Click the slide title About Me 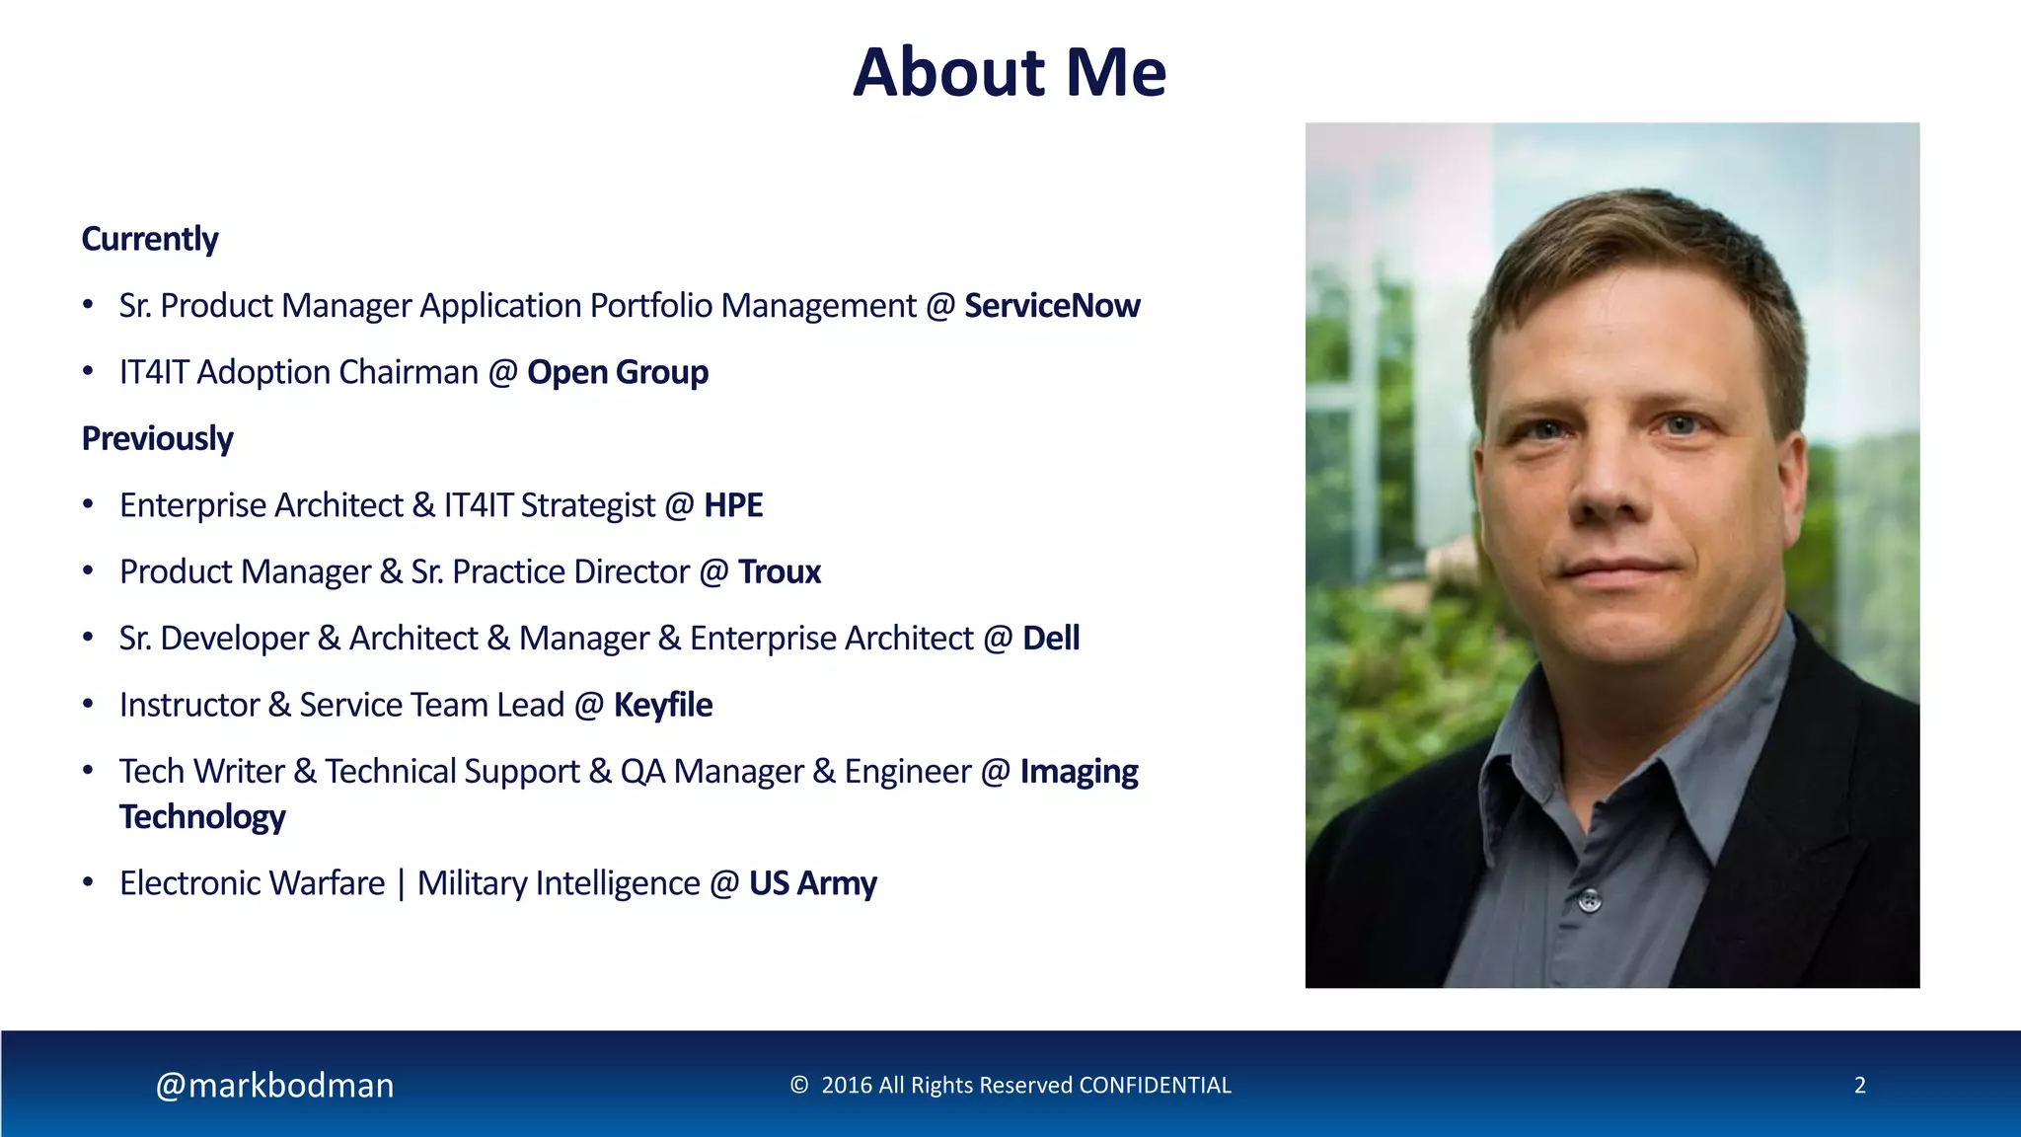[1009, 72]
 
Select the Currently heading [149, 239]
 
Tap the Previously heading [157, 438]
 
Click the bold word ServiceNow [1051, 306]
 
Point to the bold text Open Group [617, 372]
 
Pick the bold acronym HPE [732, 505]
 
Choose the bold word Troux [779, 572]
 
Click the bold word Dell [1050, 639]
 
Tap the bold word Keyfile [662, 705]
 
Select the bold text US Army [812, 883]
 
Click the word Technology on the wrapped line [202, 817]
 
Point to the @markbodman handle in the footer [274, 1085]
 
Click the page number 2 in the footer [1859, 1085]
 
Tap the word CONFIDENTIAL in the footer [1155, 1085]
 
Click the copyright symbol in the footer [798, 1085]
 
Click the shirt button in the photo [1589, 899]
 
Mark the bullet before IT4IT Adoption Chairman [88, 372]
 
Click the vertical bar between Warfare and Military [401, 883]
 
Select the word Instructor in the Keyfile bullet [188, 705]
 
